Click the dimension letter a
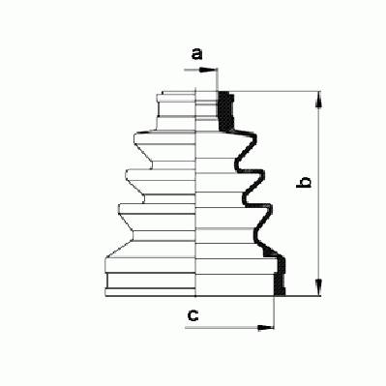click(196, 54)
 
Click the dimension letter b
click(304, 182)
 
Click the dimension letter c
click(193, 315)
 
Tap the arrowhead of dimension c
click(266, 328)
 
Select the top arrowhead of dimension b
click(319, 100)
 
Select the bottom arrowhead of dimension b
click(319, 287)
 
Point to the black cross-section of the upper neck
click(226, 111)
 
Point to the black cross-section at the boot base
click(280, 276)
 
